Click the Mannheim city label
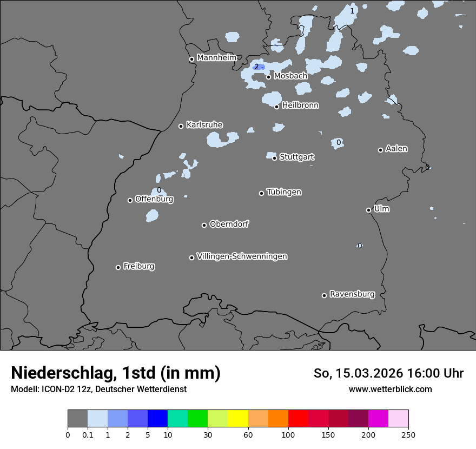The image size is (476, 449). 216,57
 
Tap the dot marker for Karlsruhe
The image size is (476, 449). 181,126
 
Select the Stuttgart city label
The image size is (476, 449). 297,157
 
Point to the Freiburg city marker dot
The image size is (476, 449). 118,267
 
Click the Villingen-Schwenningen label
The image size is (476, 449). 242,256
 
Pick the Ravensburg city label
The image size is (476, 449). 352,294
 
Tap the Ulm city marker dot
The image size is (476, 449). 369,210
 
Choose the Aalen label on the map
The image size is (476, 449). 396,149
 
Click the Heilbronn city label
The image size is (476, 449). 300,105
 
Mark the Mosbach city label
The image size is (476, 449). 290,76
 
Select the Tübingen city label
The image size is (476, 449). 284,192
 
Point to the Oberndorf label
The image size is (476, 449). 229,224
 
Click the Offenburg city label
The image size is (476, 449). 154,199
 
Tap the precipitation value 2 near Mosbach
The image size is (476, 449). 256,67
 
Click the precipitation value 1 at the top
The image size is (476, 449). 352,11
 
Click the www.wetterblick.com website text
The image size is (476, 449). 390,389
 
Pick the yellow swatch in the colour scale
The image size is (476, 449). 237,419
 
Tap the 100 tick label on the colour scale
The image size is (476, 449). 288,434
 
